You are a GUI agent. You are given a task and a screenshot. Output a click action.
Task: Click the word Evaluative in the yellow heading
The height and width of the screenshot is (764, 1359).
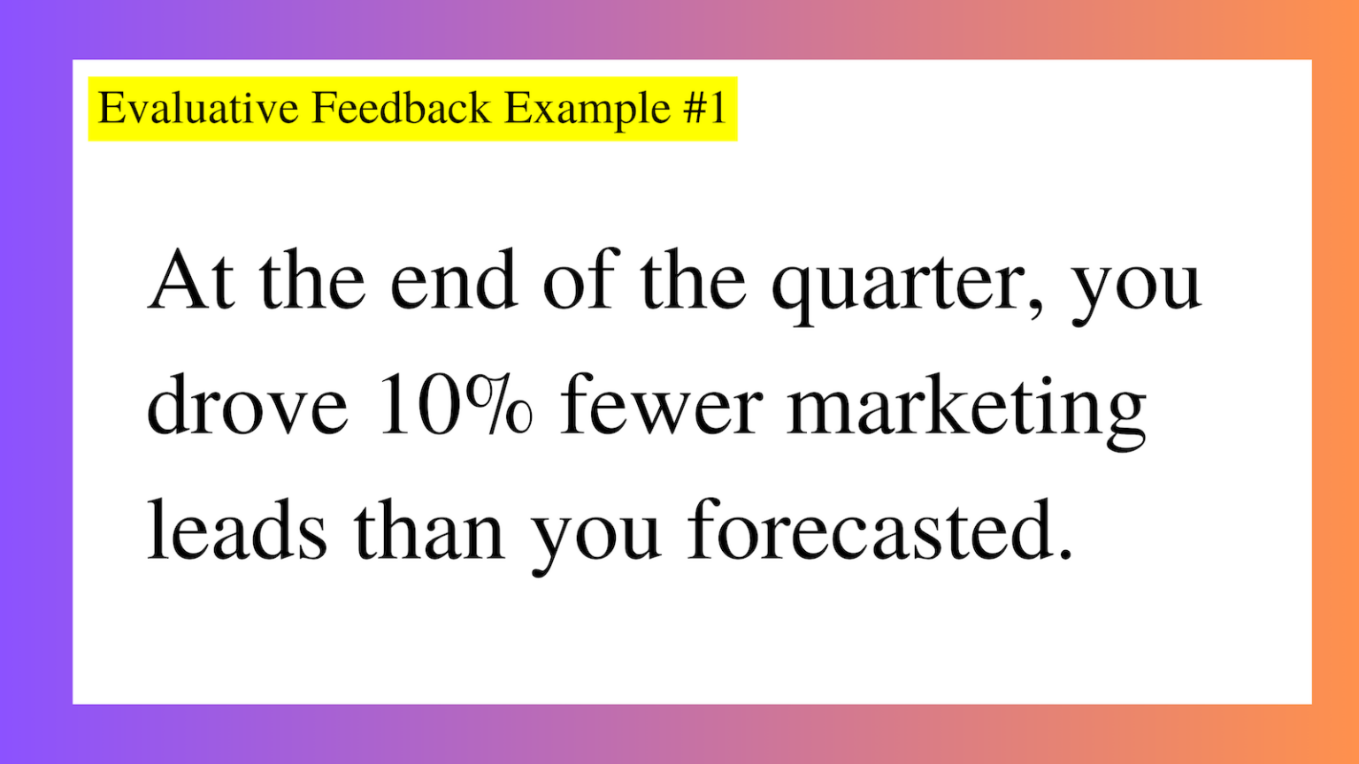[x=198, y=109]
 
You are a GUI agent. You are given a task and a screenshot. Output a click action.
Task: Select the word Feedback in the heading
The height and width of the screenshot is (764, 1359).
[x=401, y=109]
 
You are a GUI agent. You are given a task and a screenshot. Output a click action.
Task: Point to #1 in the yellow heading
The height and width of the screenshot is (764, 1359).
[x=705, y=109]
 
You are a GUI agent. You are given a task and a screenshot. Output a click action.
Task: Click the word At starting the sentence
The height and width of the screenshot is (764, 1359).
[x=192, y=280]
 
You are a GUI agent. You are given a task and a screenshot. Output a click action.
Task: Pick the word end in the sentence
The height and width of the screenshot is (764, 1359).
[x=453, y=280]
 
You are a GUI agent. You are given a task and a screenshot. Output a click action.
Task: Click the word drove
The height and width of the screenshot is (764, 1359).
[x=247, y=406]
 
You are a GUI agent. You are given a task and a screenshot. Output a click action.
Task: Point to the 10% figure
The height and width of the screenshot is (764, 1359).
[x=456, y=406]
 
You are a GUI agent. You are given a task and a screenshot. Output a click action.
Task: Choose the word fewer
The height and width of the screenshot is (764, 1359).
[x=661, y=406]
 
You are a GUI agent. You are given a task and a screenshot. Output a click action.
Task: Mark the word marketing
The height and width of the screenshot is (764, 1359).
[x=966, y=409]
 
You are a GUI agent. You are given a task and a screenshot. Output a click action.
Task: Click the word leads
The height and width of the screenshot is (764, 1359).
[x=236, y=531]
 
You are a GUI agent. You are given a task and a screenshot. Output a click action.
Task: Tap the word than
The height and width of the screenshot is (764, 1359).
[x=429, y=531]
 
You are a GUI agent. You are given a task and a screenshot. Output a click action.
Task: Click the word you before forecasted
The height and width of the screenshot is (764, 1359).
[x=595, y=536]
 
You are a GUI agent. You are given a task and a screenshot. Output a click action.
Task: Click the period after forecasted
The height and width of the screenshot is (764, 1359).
[x=1065, y=554]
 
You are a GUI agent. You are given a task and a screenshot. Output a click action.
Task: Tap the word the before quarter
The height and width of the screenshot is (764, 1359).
[x=693, y=280]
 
